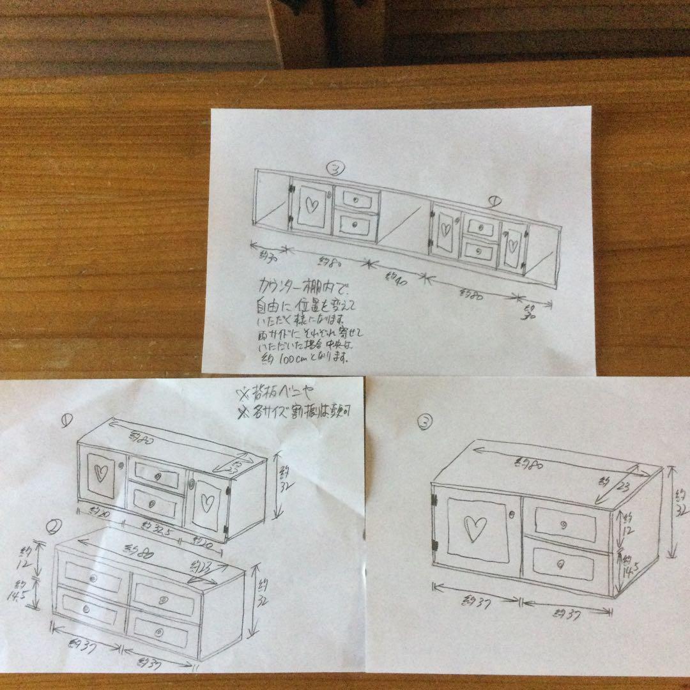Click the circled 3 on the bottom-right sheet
424,421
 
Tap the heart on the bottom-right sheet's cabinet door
473,528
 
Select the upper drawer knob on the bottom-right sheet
564,525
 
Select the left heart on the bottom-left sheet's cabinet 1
100,473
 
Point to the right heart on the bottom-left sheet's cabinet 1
206,503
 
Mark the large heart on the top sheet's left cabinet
310,205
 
